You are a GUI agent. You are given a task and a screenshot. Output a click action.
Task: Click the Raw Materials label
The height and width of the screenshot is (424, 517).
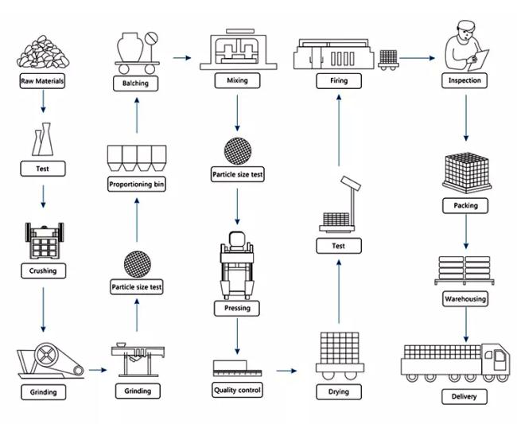pyautogui.click(x=42, y=81)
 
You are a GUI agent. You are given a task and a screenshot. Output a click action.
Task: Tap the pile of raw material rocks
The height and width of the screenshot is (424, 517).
pyautogui.click(x=43, y=52)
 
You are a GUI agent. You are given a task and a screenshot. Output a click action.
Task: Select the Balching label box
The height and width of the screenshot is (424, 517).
pyautogui.click(x=135, y=84)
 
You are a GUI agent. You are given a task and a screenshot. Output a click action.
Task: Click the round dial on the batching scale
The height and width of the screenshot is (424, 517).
pyautogui.click(x=151, y=38)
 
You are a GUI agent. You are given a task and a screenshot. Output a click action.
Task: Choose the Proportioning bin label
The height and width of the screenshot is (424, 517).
pyautogui.click(x=137, y=184)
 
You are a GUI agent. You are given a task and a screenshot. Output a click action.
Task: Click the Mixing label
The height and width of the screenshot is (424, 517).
pyautogui.click(x=237, y=80)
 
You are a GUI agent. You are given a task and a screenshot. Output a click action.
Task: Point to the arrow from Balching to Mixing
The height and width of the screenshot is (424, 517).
pyautogui.click(x=182, y=58)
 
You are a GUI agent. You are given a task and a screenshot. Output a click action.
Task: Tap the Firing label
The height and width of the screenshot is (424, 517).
pyautogui.click(x=339, y=81)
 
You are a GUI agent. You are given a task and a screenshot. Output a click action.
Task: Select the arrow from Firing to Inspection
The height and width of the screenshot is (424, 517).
pyautogui.click(x=417, y=58)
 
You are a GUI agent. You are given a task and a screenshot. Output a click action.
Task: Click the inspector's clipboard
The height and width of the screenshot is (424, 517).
pyautogui.click(x=479, y=60)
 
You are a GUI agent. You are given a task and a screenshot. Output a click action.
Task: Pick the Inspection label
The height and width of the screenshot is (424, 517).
pyautogui.click(x=465, y=80)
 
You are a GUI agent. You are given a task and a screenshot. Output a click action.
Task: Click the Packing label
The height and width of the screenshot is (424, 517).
pyautogui.click(x=465, y=205)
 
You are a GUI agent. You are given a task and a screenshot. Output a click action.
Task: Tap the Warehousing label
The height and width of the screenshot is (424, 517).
pyautogui.click(x=465, y=299)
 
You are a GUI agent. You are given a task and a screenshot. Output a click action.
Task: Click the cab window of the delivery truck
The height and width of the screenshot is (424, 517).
pyautogui.click(x=500, y=356)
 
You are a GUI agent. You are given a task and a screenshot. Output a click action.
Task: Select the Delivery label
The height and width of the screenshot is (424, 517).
pyautogui.click(x=465, y=396)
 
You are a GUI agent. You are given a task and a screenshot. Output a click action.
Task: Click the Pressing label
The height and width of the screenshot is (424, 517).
pyautogui.click(x=237, y=309)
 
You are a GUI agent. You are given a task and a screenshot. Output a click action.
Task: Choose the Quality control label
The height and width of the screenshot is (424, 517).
pyautogui.click(x=237, y=390)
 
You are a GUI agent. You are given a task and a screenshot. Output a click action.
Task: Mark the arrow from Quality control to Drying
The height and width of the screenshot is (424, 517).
pyautogui.click(x=286, y=371)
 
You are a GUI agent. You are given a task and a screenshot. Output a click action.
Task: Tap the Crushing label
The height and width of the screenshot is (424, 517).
pyautogui.click(x=43, y=270)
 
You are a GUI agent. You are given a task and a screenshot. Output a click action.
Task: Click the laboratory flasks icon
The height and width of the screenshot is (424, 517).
pyautogui.click(x=43, y=139)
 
